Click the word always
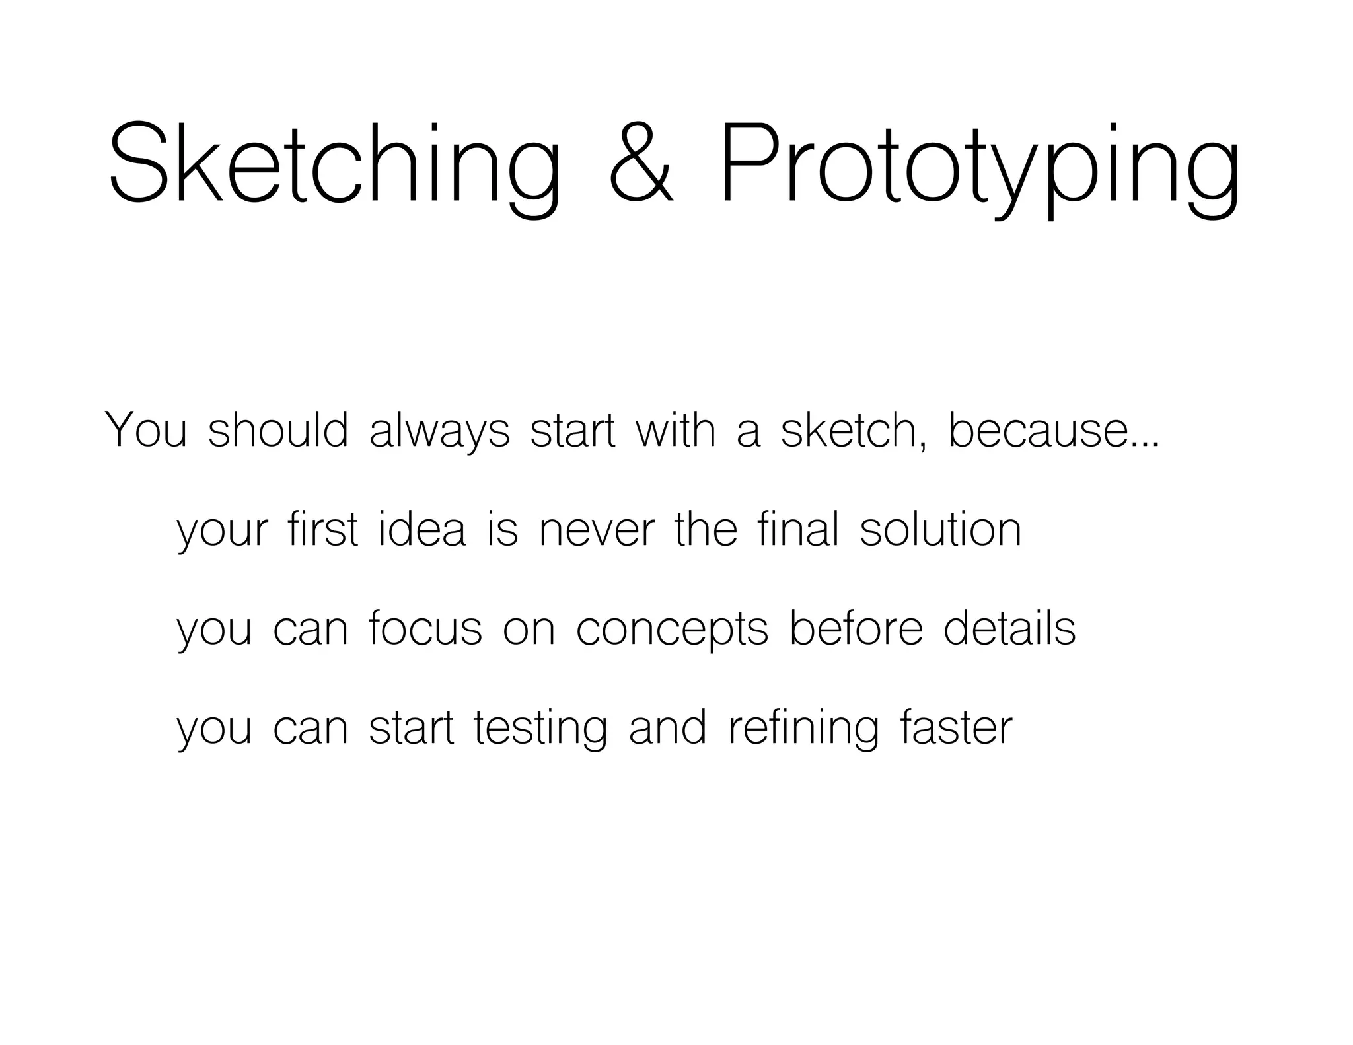(x=439, y=431)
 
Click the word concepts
(x=672, y=629)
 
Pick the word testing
(x=540, y=728)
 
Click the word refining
(x=803, y=728)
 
